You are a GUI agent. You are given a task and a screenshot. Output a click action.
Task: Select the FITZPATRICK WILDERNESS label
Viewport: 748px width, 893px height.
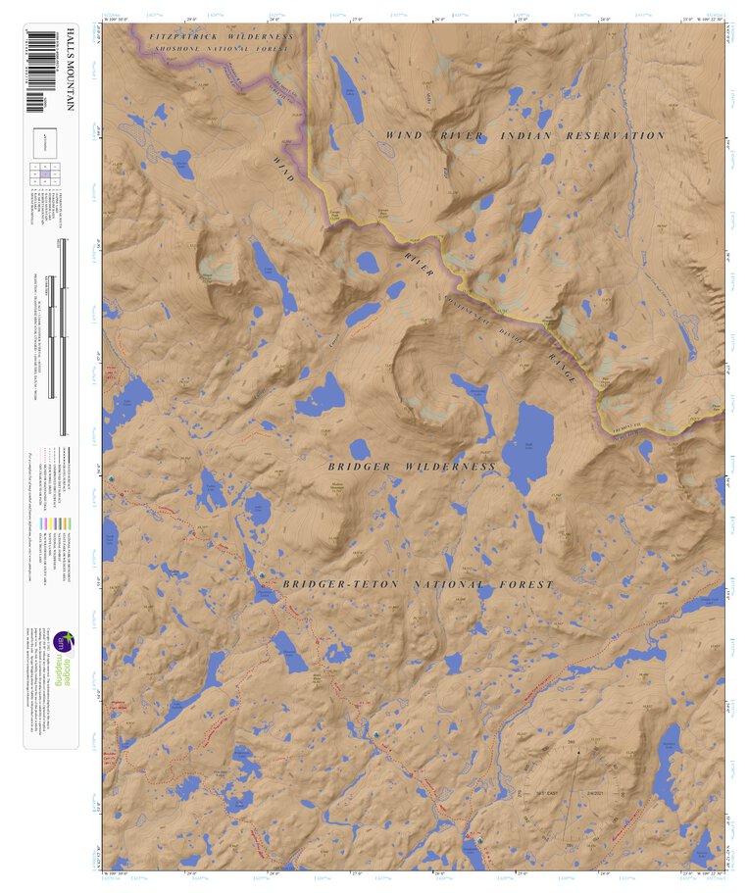(222, 36)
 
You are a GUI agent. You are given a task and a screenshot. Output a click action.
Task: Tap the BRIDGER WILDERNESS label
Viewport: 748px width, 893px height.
(412, 467)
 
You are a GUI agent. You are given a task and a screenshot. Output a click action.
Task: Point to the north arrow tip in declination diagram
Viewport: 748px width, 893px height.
(578, 751)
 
